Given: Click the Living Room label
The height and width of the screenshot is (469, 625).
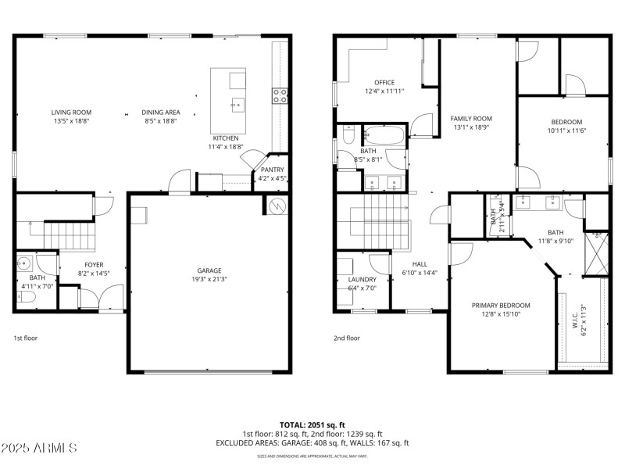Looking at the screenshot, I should click(x=72, y=113).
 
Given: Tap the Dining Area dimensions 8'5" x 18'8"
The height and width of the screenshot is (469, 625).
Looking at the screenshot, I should click(x=160, y=121).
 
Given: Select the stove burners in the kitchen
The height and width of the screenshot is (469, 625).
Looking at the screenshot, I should click(x=280, y=96).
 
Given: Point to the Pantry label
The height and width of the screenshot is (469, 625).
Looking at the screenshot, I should click(x=272, y=170).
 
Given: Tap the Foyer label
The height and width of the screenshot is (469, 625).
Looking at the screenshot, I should click(x=93, y=265).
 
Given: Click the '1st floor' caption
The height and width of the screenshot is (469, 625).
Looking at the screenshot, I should click(x=26, y=338).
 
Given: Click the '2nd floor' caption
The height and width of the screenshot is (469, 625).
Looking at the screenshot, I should click(x=348, y=338).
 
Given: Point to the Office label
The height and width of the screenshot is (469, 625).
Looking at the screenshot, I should click(x=384, y=82).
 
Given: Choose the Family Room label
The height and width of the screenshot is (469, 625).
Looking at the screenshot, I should click(x=471, y=119).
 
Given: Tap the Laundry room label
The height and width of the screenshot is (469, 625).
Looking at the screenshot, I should click(x=362, y=279).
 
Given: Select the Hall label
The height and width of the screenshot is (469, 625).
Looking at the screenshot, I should click(x=420, y=264).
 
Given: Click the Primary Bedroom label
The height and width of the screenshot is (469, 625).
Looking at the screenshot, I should click(x=501, y=305).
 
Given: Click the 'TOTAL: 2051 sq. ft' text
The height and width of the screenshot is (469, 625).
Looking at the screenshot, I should click(x=312, y=424).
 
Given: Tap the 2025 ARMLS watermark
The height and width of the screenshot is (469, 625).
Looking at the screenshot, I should click(x=39, y=448).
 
